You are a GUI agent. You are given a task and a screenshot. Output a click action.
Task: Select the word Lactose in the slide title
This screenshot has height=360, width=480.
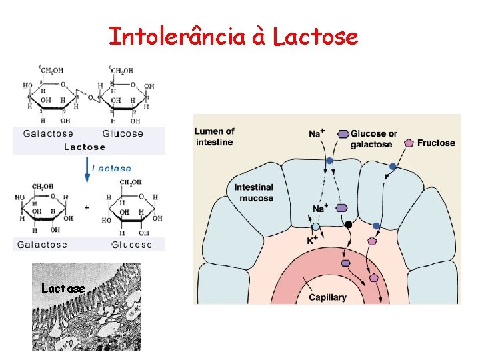click(x=315, y=37)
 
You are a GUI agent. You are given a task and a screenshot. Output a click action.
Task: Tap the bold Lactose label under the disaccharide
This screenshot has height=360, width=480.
click(x=85, y=147)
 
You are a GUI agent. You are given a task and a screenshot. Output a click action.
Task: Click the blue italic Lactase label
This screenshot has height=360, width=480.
click(x=111, y=168)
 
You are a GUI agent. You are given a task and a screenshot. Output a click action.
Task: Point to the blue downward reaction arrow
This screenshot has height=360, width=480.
click(x=85, y=171)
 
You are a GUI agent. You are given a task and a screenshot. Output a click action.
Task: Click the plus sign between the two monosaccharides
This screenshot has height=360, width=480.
click(x=87, y=207)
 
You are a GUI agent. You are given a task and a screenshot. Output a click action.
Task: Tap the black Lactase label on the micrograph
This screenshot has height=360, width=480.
click(x=63, y=289)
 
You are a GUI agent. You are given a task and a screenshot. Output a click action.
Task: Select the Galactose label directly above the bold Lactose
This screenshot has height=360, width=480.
click(x=49, y=133)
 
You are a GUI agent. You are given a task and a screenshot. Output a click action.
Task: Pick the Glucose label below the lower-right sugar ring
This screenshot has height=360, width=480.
click(x=132, y=245)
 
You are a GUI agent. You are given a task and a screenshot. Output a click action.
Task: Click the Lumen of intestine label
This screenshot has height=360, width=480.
click(x=215, y=137)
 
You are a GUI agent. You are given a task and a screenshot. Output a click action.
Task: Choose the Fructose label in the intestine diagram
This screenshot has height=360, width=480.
click(x=436, y=143)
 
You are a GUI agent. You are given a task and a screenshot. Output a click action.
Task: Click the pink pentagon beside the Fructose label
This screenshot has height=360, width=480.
click(x=408, y=143)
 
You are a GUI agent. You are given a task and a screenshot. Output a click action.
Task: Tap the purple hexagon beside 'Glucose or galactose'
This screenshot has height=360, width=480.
click(x=343, y=133)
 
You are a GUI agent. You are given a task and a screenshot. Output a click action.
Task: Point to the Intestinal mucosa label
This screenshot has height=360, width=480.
click(x=253, y=193)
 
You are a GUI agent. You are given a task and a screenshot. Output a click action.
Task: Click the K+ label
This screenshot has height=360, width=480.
click(x=313, y=239)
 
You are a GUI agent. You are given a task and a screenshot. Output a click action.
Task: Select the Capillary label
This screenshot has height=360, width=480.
click(x=327, y=297)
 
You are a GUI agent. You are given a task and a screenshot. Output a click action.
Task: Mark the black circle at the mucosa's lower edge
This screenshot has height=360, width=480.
click(x=348, y=225)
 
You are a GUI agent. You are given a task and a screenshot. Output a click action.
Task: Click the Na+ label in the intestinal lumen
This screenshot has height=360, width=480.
click(x=317, y=134)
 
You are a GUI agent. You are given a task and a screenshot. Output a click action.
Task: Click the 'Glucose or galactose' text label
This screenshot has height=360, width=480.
click(x=373, y=139)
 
